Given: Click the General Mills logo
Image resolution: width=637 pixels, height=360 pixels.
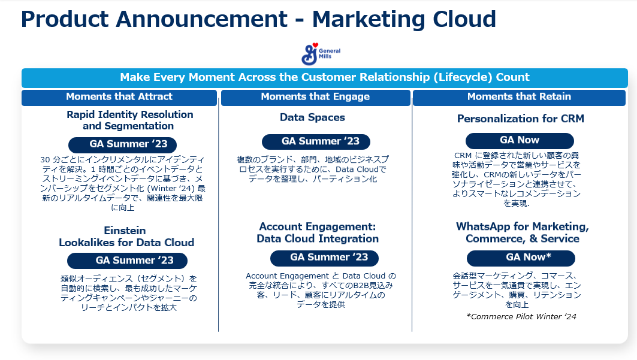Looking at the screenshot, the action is tap(321, 54).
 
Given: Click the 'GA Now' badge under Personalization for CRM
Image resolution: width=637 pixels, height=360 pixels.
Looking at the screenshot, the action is tap(520, 140).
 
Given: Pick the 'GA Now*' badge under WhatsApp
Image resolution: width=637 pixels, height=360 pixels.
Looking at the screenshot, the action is tap(521, 258).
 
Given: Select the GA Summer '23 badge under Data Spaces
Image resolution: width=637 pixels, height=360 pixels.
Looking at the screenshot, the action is tap(316, 141).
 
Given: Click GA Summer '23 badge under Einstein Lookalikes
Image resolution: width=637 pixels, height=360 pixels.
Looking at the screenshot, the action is tap(127, 261).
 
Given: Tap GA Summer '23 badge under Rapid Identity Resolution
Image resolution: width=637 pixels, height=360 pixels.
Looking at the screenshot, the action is tap(123, 144).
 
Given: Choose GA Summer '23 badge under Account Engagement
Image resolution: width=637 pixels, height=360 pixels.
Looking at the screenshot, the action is tap(324, 258).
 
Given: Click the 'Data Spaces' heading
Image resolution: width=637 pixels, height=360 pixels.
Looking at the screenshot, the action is tap(312, 117).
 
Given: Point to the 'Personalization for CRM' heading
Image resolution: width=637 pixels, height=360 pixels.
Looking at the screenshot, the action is tap(520, 119).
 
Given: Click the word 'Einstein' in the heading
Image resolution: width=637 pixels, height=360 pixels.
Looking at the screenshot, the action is tap(125, 231).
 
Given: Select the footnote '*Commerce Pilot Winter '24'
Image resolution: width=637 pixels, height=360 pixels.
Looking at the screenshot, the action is tap(521, 317).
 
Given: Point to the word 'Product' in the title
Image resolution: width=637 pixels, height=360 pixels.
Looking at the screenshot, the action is tap(65, 19).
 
